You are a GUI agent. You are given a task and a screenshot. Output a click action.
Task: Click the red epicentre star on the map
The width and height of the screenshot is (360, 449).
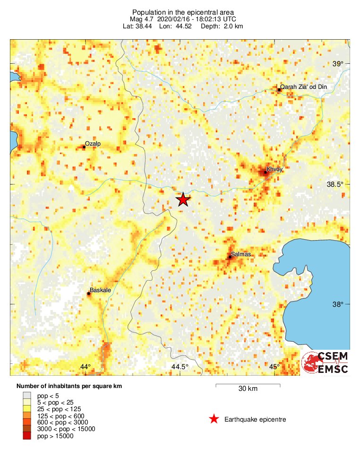point(183,200)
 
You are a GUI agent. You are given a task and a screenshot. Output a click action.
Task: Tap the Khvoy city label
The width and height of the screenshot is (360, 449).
point(274,169)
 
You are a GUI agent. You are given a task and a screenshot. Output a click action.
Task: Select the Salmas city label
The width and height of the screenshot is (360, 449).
point(241,254)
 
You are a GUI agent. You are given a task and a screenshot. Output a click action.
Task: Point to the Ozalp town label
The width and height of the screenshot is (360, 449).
point(93,143)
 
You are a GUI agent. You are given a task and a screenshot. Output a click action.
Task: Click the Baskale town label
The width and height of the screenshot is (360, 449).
point(100,291)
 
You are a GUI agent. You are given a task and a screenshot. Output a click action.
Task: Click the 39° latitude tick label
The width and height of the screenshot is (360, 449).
point(339,64)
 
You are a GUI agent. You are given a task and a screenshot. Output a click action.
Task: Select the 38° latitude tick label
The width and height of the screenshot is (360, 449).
point(339,304)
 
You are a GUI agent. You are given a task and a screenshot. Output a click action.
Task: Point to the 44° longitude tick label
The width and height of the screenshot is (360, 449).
point(85,367)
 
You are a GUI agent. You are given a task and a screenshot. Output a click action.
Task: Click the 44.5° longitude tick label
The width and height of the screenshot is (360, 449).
point(180,367)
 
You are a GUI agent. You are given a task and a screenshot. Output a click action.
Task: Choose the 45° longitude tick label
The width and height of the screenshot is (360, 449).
point(274,367)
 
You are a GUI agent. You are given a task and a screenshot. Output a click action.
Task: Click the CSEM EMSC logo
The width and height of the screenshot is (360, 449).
point(325,363)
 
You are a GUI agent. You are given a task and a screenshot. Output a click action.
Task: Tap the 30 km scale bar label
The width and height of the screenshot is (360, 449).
point(248,389)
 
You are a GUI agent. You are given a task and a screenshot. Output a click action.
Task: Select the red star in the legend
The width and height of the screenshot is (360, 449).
point(214,419)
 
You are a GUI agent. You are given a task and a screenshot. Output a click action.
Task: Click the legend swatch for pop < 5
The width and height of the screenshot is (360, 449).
point(27,395)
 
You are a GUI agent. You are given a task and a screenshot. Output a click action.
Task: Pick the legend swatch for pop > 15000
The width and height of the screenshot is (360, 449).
point(27,436)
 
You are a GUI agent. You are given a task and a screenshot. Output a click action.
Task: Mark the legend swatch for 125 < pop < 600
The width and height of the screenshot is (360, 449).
point(27,415)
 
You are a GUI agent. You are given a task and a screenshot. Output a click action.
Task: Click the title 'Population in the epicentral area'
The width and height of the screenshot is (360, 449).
point(183,12)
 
